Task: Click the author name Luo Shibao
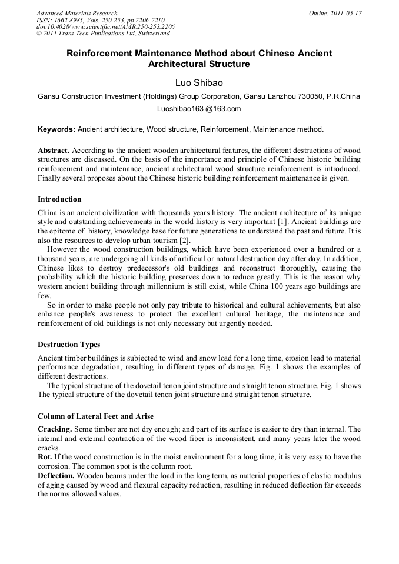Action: click(199, 83)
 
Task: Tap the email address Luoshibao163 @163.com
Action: click(199, 109)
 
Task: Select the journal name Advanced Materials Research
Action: click(77, 13)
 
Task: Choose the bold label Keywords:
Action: click(56, 129)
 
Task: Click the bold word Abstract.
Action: click(54, 151)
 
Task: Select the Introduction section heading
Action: click(59, 199)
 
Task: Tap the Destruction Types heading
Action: click(69, 344)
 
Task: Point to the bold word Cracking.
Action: click(55, 429)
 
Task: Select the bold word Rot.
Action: click(45, 457)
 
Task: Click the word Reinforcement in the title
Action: click(105, 54)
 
